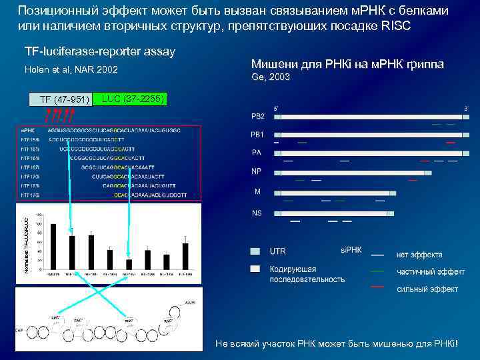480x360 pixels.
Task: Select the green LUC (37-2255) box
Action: tap(131, 99)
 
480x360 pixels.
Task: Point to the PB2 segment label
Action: tap(257, 116)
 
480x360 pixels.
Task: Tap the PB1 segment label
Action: tap(257, 135)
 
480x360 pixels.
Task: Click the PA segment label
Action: tap(257, 153)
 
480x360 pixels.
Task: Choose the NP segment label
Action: tap(257, 171)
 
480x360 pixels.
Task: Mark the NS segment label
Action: tap(257, 213)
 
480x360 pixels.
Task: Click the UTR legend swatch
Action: tap(256, 251)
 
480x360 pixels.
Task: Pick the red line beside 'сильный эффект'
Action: tap(377, 287)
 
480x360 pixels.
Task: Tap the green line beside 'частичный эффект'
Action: tap(377, 271)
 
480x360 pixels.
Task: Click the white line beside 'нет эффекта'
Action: tap(377, 255)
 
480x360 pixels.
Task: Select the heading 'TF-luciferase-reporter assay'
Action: tap(100, 51)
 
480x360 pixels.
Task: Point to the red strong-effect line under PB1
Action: tap(450, 143)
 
